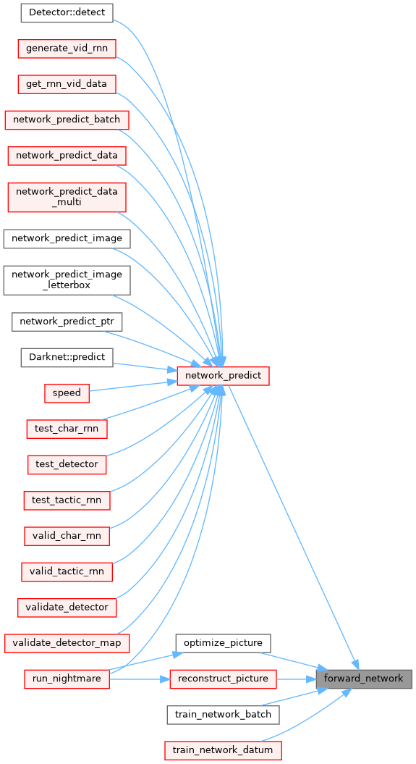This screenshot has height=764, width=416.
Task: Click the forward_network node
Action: coord(364,679)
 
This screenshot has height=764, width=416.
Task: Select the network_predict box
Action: coord(224,376)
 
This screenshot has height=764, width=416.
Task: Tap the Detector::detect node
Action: coord(67,12)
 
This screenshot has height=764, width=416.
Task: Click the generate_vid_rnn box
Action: coord(67,49)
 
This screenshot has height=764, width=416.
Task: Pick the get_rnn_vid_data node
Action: coord(67,84)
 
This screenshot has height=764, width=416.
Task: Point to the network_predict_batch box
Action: coord(67,120)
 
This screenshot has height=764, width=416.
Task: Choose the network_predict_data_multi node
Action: coord(67,197)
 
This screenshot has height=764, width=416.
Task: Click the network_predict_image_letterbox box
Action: coord(67,280)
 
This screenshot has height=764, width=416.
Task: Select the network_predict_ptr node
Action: coord(67,322)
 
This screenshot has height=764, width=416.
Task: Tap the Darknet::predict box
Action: coord(67,358)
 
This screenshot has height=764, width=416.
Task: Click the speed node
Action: coord(67,393)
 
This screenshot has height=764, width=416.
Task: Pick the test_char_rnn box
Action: coord(67,429)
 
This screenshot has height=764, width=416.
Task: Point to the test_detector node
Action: coord(67,464)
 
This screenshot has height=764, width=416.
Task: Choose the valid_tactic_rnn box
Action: coord(67,571)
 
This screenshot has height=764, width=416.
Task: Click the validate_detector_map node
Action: coord(67,643)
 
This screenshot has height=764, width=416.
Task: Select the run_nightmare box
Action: coord(67,679)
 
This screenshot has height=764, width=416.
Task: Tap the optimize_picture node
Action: coord(224,643)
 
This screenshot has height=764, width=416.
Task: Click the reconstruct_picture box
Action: coord(224,679)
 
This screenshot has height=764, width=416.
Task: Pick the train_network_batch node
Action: coord(224,715)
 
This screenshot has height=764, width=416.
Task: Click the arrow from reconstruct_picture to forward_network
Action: coord(297,679)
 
